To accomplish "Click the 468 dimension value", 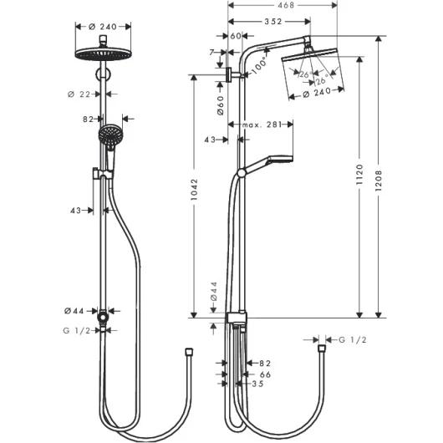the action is pos(286,5).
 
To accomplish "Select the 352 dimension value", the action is pos(273,22).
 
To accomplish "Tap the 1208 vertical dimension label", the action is pos(379,181).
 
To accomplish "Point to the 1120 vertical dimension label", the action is pos(359,175).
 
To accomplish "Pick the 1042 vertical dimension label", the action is pos(194,189).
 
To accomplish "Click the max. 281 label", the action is pos(262,125).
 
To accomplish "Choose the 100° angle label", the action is pos(258,65).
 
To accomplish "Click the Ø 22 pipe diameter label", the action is pos(79,94).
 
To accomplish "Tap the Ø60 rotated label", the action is pos(221,105).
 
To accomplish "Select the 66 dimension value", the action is pos(265,374).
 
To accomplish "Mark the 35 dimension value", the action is pos(257,384).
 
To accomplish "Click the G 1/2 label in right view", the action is pos(353,339).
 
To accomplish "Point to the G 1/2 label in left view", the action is pos(76,330).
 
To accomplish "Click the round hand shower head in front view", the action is pos(110,135).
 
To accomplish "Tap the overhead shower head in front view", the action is pos(103,53).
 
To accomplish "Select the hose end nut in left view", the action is pos(189,352).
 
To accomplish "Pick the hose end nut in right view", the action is pos(322,348).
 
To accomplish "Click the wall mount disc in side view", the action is pos(230,75).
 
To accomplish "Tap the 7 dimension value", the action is pos(212,53).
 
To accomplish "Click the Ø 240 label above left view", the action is pos(103,27).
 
